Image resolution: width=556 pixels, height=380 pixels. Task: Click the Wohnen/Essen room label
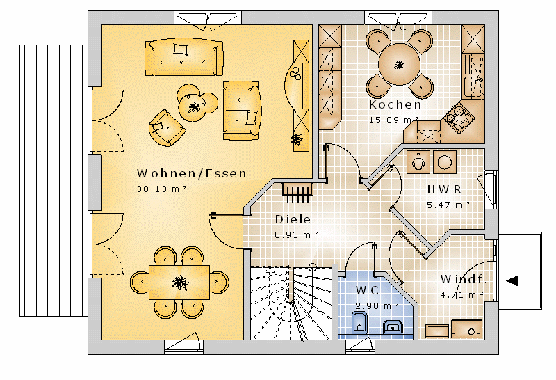192,173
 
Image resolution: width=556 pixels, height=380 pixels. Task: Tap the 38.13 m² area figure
162,189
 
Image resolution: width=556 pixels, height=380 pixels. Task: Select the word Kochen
395,104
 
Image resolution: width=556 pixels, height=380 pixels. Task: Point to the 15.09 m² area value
393,120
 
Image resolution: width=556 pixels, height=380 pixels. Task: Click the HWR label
444,189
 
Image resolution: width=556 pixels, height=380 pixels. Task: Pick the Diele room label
293,219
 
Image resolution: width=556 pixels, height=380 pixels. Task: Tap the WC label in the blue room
368,290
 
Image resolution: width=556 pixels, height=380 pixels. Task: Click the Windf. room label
464,279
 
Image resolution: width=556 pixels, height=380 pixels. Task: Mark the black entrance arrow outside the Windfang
512,280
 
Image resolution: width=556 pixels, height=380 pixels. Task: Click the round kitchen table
399,64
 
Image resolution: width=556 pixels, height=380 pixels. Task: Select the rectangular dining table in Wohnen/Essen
179,283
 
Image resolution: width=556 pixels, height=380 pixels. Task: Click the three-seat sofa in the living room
184,58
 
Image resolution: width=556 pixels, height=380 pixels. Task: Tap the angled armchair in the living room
167,128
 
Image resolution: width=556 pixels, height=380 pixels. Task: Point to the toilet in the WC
359,323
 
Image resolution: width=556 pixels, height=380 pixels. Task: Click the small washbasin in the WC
393,327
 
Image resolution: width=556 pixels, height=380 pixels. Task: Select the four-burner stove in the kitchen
459,118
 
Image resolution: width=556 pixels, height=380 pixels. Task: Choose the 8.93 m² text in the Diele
297,235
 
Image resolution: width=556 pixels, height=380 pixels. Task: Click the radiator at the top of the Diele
298,193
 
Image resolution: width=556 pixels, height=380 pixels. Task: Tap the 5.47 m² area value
449,205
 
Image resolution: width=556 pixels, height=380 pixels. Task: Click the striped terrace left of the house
54,180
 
